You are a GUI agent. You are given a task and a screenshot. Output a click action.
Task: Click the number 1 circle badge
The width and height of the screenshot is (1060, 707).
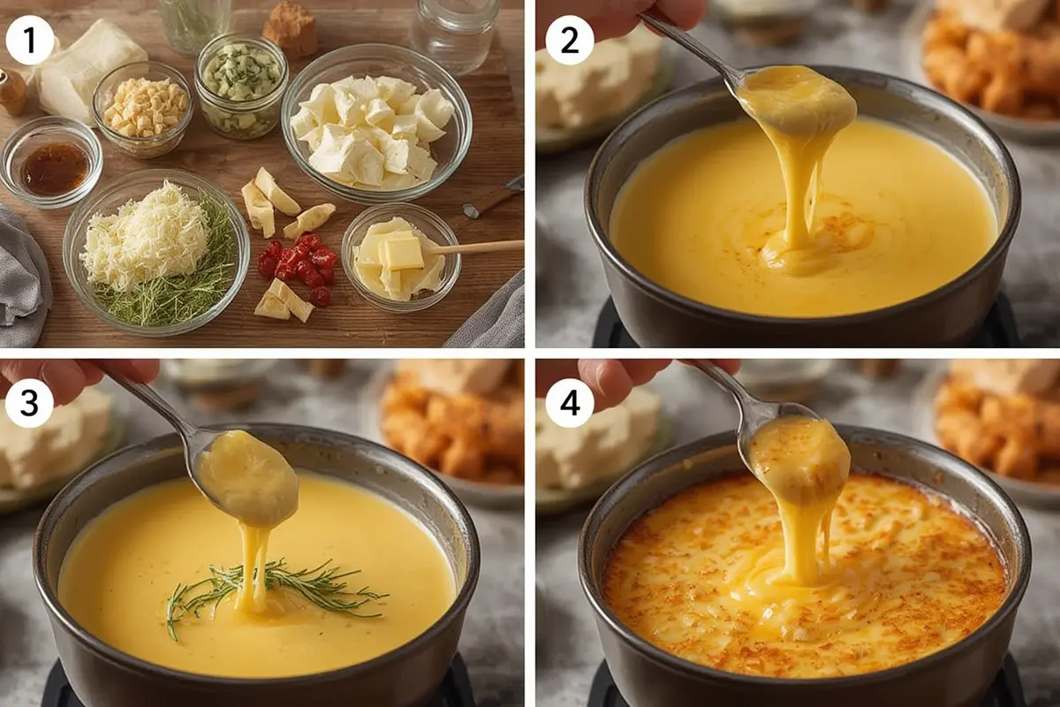tap(30, 41)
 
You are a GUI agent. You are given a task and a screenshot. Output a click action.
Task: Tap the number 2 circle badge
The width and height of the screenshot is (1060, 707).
tap(569, 41)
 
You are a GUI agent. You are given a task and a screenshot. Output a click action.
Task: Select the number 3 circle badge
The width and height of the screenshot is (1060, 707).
tap(29, 404)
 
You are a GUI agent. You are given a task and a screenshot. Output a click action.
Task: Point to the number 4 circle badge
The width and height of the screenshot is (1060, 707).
tap(569, 404)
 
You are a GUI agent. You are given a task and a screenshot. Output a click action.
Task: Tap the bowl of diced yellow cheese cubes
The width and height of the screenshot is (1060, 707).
tap(143, 109)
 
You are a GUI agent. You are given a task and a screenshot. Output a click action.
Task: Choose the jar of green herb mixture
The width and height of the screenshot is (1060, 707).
tap(241, 87)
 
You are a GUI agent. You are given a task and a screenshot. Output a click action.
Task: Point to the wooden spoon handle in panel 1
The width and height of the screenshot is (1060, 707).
tap(477, 247)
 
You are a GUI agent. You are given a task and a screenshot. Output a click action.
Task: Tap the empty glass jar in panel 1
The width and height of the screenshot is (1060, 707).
tap(454, 35)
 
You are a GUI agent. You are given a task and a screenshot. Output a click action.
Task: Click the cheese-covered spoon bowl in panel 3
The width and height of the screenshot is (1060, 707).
tap(247, 478)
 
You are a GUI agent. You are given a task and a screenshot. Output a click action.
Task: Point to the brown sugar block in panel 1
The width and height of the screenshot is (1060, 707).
tap(290, 28)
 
